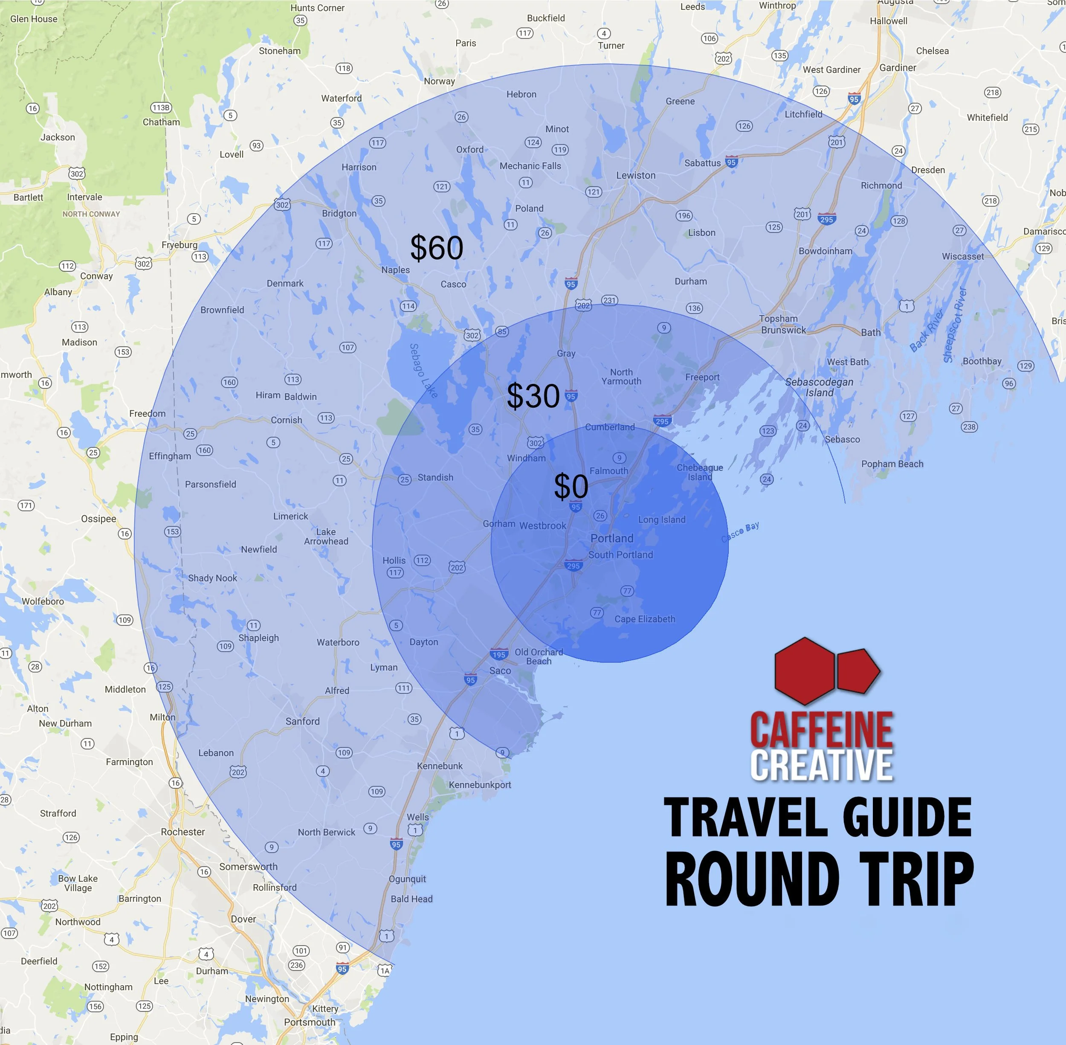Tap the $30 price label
tap(533, 396)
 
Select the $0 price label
tap(571, 486)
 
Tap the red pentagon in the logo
tap(857, 671)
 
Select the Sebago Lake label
tap(423, 371)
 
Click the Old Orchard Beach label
tap(539, 656)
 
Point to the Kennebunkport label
tap(480, 785)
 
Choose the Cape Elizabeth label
tap(645, 619)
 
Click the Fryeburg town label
tap(180, 245)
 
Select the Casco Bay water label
tap(740, 532)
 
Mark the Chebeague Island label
tap(700, 472)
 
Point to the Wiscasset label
tap(963, 256)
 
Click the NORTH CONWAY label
tap(91, 214)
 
